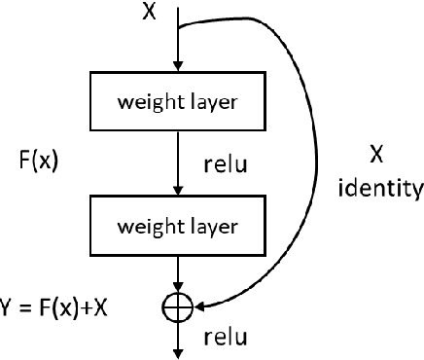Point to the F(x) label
tap(39, 161)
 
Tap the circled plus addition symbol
tap(177, 306)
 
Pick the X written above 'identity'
tap(380, 153)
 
